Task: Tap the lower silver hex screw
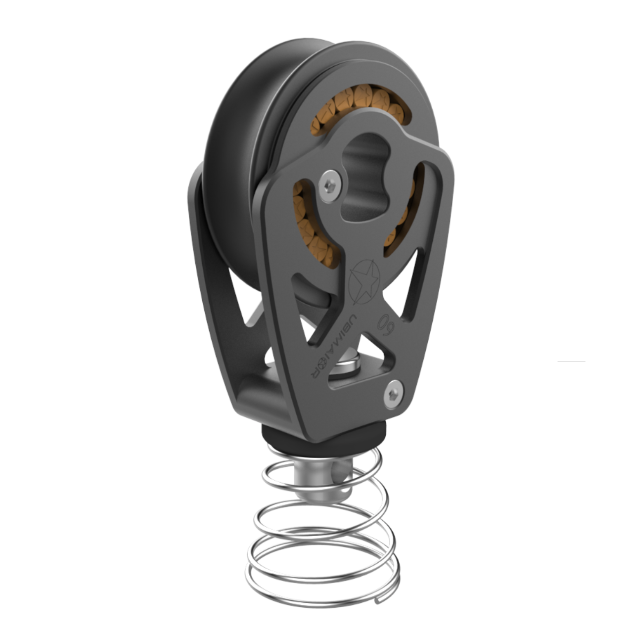[394, 395]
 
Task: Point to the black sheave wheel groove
[262, 124]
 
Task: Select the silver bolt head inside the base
[346, 368]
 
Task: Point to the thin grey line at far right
[572, 362]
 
